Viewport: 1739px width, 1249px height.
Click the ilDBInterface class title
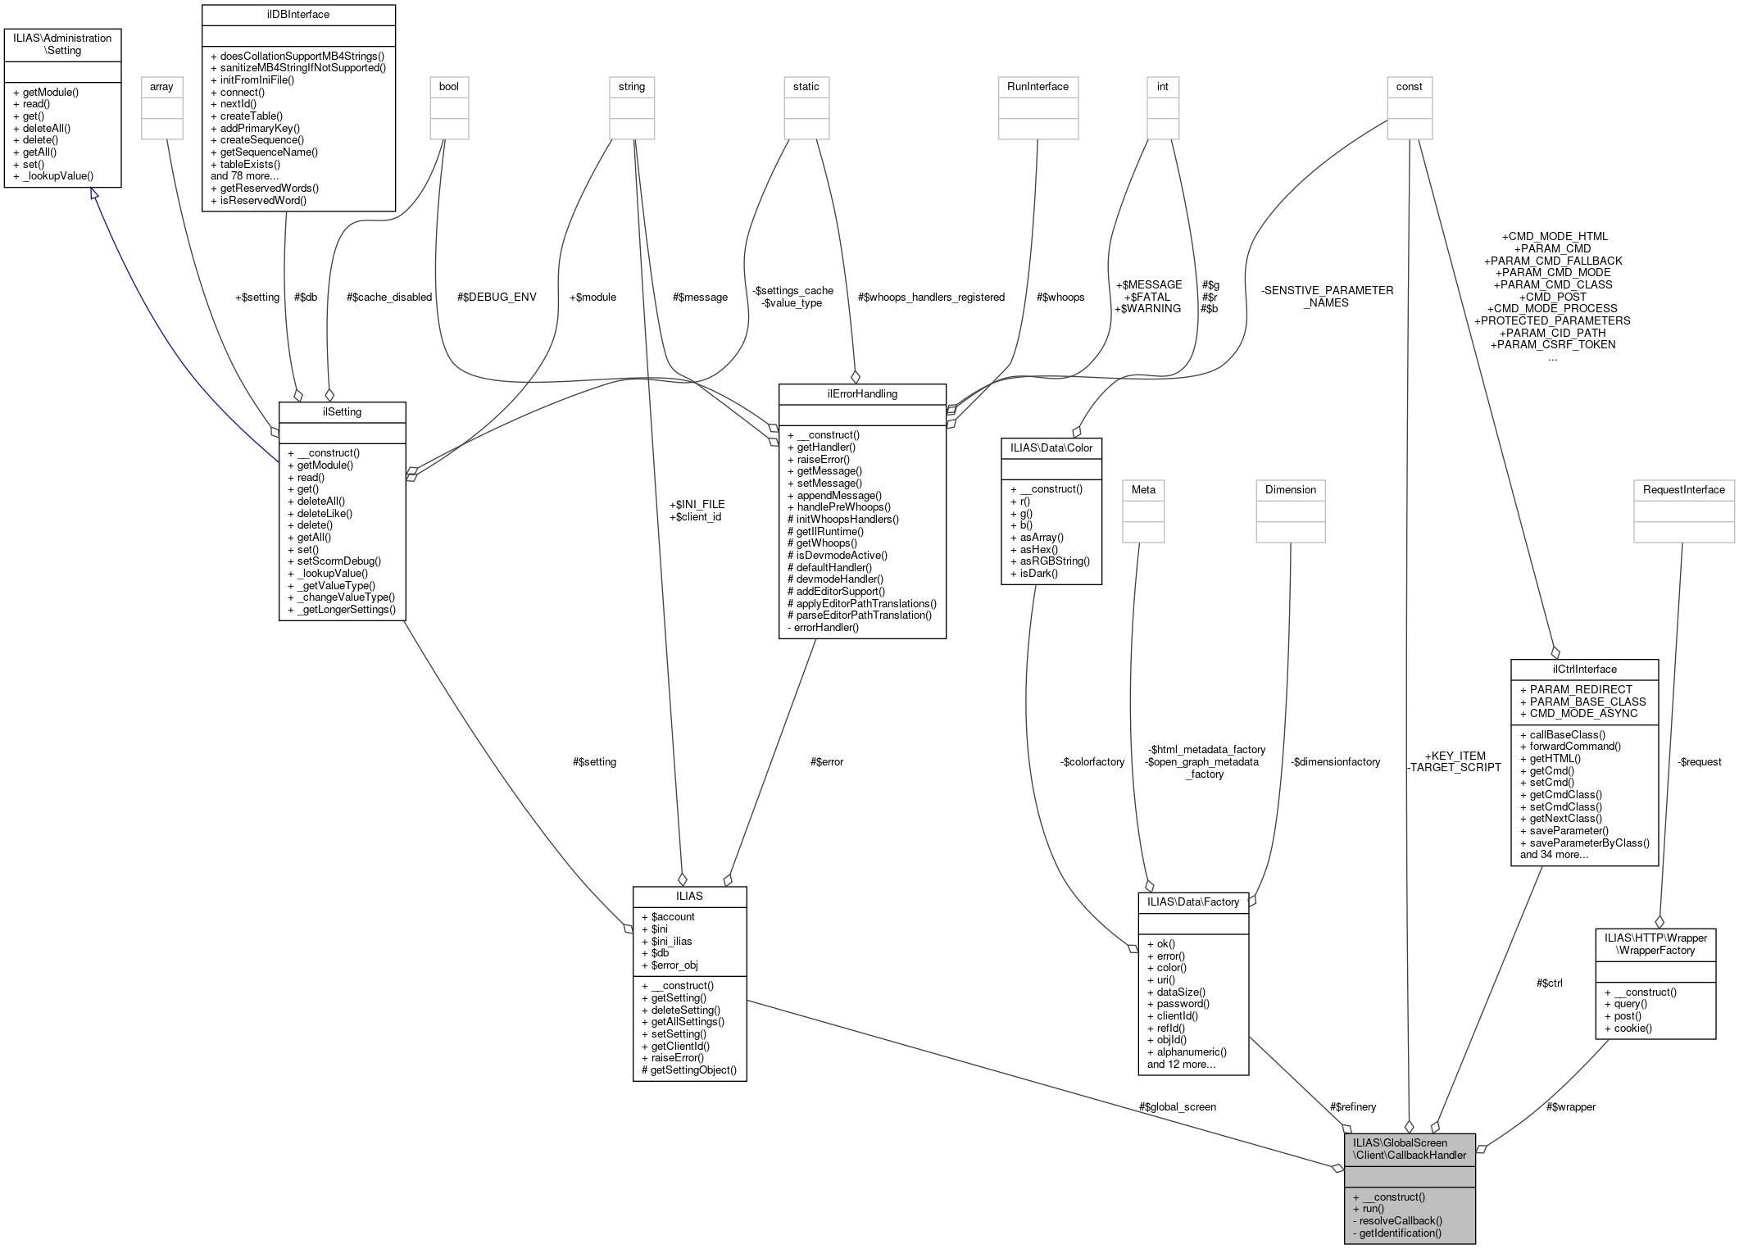click(298, 14)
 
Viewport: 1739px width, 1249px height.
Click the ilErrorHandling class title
click(861, 394)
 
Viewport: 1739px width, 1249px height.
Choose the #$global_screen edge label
click(1177, 1107)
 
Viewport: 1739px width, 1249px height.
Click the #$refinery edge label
click(1353, 1107)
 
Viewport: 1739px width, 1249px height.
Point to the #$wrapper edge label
click(1570, 1107)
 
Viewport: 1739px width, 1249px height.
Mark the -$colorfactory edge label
click(1092, 762)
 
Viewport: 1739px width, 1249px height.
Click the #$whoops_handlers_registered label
click(931, 297)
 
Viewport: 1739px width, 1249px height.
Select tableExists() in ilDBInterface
click(250, 164)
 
